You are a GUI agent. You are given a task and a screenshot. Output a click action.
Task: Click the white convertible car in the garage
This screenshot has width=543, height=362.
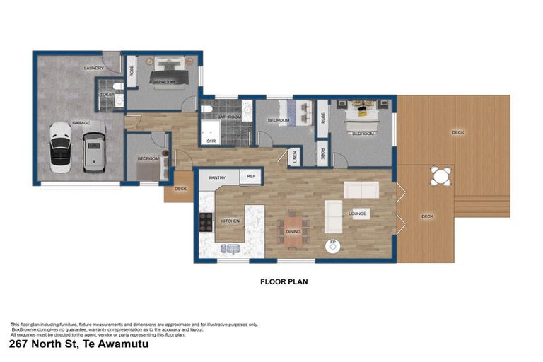pos(60,147)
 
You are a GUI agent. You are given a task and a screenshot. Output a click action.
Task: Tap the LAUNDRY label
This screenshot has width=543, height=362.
pos(93,68)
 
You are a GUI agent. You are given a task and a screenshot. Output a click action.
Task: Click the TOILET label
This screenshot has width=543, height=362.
pos(107,93)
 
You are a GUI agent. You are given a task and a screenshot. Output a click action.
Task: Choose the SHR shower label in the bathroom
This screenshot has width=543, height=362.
pos(211,141)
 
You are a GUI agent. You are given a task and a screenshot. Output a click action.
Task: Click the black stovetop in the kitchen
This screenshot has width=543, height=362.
pos(206,222)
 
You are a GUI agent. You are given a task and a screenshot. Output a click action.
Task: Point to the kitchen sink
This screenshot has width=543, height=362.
pos(230,248)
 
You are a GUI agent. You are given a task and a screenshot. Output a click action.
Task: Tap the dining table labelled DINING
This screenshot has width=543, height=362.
pos(293,230)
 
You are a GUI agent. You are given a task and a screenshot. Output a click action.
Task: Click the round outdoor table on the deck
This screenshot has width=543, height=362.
pos(441,176)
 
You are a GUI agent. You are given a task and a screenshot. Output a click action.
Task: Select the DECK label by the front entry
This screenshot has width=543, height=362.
pos(180,189)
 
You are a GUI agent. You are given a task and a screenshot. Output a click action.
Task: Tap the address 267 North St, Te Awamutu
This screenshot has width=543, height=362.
pos(79,344)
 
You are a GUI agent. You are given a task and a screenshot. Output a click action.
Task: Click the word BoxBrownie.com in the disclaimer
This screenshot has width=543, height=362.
pos(29,329)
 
